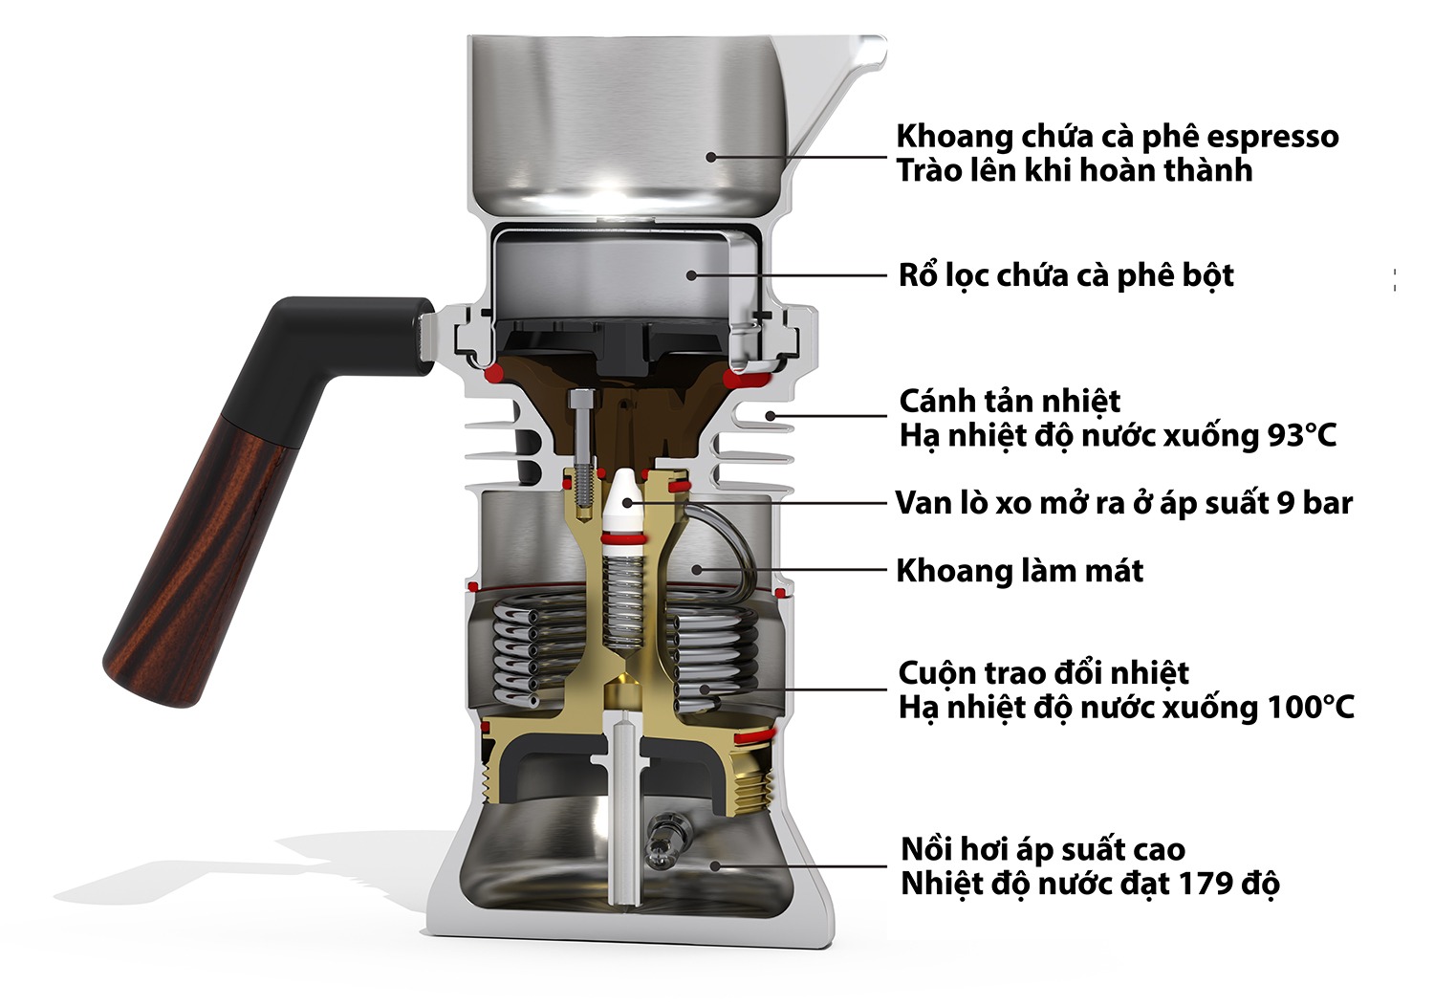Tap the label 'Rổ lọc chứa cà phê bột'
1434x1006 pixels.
coord(1065,275)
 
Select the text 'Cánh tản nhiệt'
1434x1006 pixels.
coord(1010,400)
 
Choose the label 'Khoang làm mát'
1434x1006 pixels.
coord(1019,571)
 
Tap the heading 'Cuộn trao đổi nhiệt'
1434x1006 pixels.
coord(1043,672)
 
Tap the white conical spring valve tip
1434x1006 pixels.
coord(623,497)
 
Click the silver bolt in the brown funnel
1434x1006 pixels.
coord(580,421)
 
